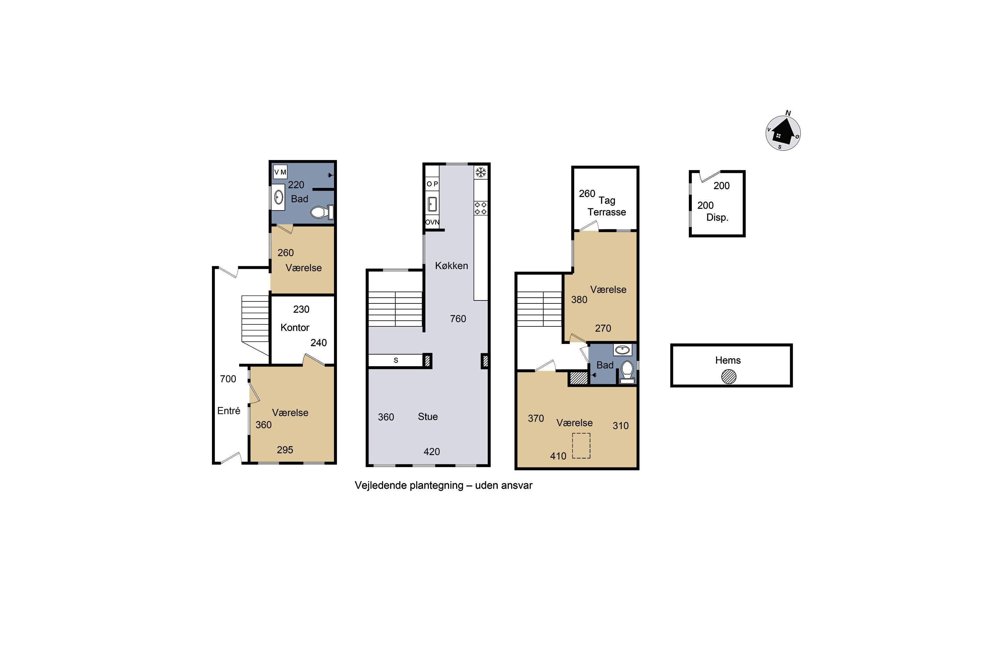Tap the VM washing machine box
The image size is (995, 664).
[x=280, y=172]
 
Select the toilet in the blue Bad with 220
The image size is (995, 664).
[x=322, y=212]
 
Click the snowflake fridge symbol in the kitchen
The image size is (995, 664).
[x=481, y=172]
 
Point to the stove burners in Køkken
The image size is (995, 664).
[x=481, y=208]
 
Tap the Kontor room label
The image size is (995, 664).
[x=295, y=327]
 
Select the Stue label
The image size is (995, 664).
[x=428, y=417]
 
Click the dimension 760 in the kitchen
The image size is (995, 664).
[x=458, y=319]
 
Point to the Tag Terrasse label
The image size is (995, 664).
[x=607, y=206]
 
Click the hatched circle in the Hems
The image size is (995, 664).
[x=728, y=376]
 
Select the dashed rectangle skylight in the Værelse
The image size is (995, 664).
[x=581, y=446]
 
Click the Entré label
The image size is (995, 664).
[x=229, y=411]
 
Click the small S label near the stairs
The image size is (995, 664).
[x=396, y=360]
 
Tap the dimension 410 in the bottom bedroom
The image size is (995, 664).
[x=558, y=456]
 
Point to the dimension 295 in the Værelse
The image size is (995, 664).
[x=285, y=450]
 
